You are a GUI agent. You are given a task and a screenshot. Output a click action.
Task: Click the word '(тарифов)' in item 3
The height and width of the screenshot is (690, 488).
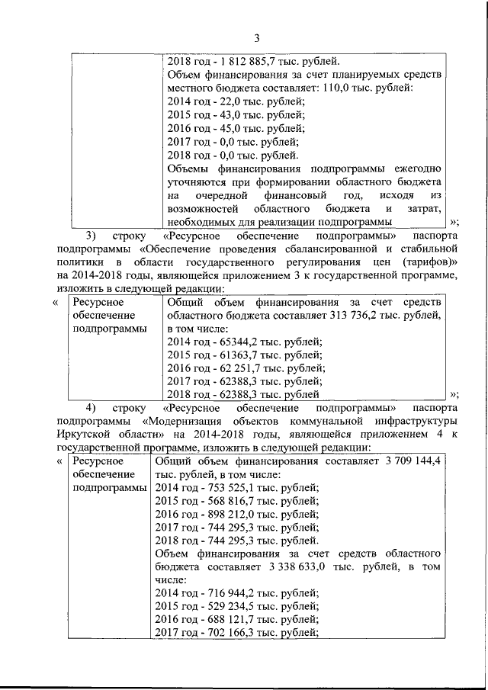(430, 263)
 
